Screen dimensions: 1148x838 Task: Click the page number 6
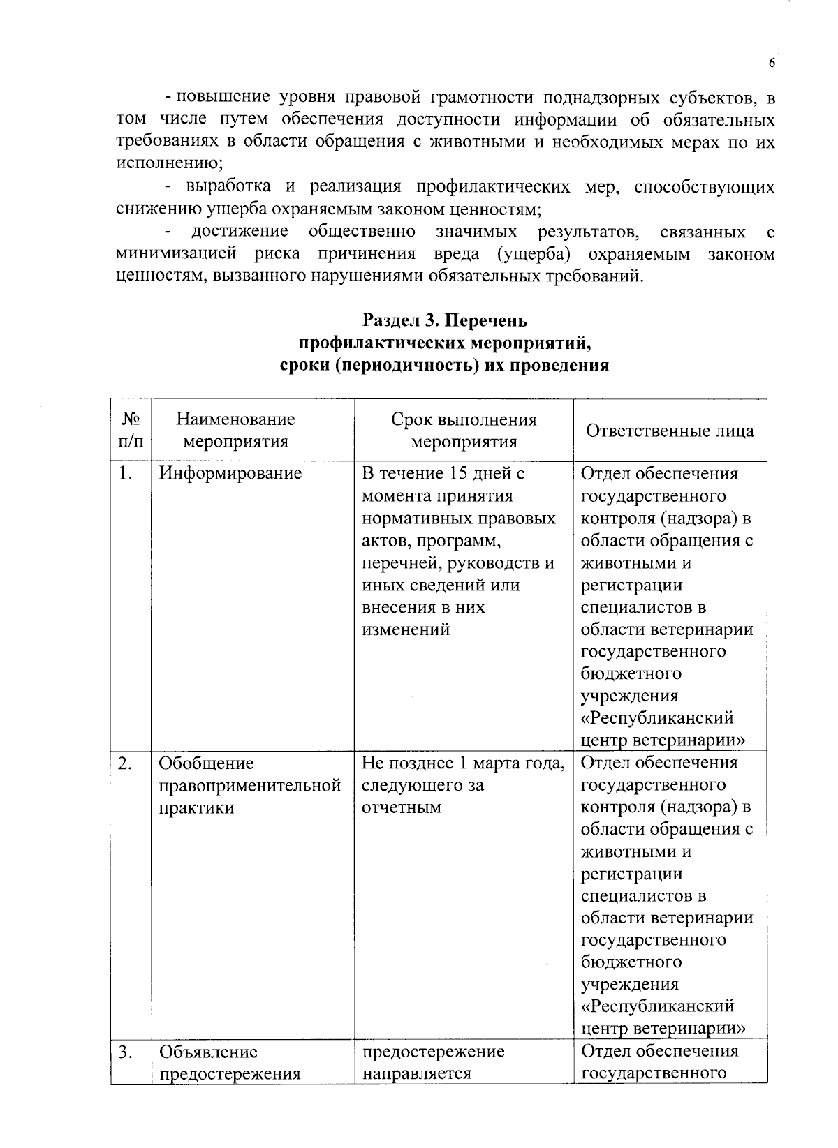(772, 64)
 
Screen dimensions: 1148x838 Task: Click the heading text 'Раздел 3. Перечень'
(445, 320)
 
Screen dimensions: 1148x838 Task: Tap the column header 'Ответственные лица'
(670, 431)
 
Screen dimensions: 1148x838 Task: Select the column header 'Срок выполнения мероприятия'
(464, 431)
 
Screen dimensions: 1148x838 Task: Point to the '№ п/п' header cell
(131, 430)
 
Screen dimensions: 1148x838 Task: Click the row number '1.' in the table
(126, 474)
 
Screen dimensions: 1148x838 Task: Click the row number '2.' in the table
(126, 763)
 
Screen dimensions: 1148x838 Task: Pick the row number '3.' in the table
(126, 1052)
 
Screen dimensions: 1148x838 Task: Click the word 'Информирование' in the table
(230, 474)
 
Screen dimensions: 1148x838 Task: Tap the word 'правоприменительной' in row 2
(250, 786)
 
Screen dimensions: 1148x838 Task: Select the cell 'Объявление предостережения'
(230, 1062)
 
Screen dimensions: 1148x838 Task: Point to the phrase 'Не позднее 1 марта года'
(463, 763)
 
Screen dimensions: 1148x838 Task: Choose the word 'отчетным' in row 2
(402, 808)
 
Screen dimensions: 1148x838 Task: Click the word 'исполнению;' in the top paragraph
(168, 165)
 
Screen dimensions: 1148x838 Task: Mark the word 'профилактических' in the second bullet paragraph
(492, 187)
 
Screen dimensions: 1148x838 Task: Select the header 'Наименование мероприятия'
(235, 431)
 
